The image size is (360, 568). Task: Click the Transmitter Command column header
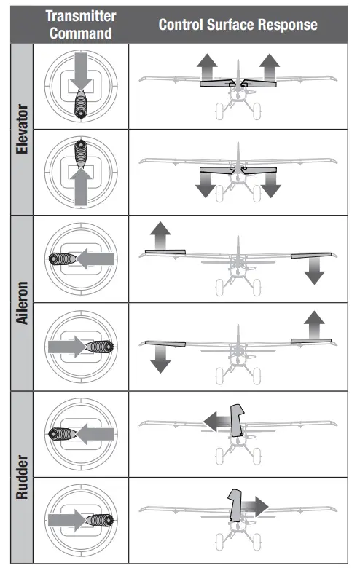pyautogui.click(x=80, y=25)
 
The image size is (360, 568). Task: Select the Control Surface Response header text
pyautogui.click(x=238, y=25)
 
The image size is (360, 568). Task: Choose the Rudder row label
pyautogui.click(x=23, y=478)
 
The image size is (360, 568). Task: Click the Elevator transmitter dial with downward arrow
pyautogui.click(x=80, y=87)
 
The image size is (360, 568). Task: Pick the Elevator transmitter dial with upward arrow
pyautogui.click(x=80, y=172)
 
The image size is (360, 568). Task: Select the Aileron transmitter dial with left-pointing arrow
pyautogui.click(x=80, y=259)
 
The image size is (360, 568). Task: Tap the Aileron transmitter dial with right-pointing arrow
pyautogui.click(x=80, y=346)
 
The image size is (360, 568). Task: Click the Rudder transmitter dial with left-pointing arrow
pyautogui.click(x=80, y=434)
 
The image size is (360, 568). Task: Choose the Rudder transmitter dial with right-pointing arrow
pyautogui.click(x=80, y=521)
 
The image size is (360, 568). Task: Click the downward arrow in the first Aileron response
pyautogui.click(x=314, y=270)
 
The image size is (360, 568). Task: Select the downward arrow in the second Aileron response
pyautogui.click(x=160, y=358)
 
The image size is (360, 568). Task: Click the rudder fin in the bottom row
pyautogui.click(x=235, y=505)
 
